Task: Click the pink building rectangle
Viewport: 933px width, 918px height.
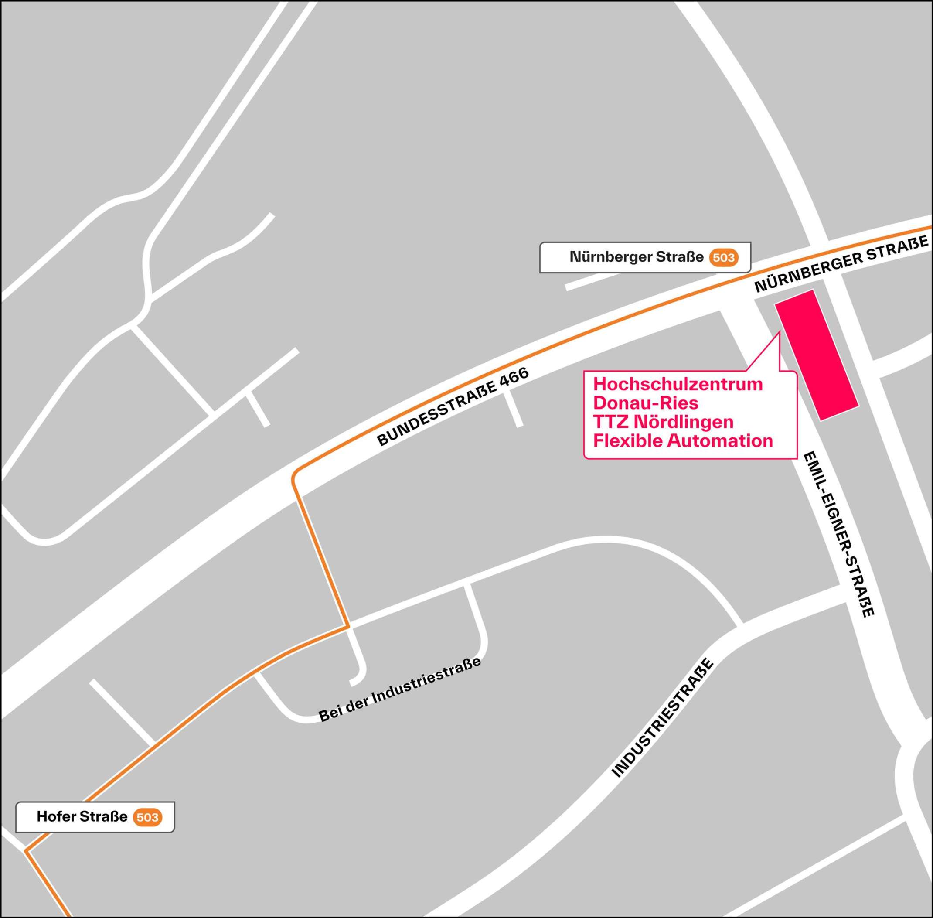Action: tap(816, 355)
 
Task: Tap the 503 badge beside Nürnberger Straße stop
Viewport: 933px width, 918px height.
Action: tap(723, 257)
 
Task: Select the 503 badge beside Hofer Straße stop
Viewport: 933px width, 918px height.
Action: tap(147, 817)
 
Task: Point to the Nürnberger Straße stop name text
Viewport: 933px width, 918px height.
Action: tap(636, 257)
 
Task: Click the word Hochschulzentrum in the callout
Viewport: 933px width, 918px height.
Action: tap(678, 384)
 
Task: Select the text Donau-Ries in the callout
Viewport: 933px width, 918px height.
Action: tap(646, 403)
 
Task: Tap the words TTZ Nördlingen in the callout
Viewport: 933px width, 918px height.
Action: tap(663, 422)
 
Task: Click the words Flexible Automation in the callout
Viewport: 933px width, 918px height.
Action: tap(683, 440)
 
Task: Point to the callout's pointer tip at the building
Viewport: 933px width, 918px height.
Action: tap(779, 333)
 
